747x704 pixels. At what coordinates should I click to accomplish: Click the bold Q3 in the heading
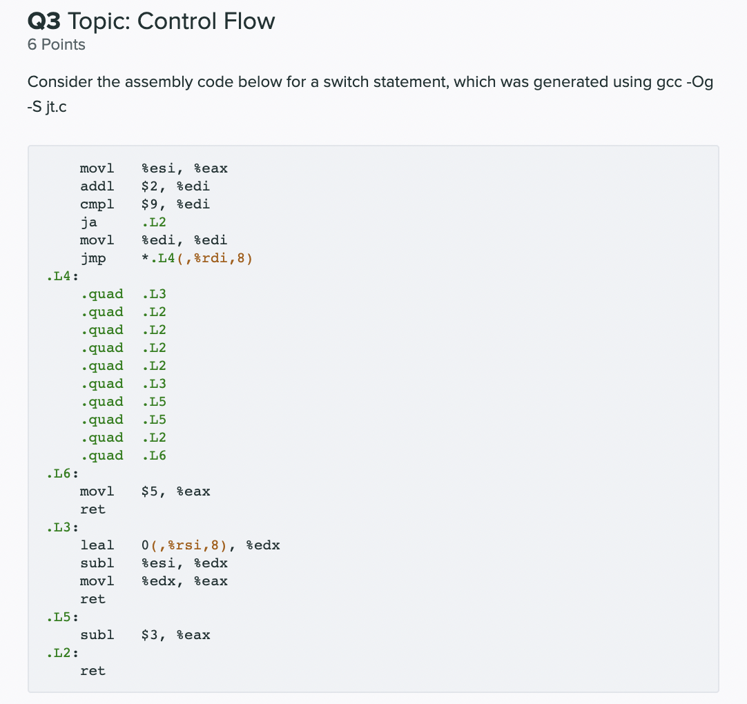click(x=43, y=21)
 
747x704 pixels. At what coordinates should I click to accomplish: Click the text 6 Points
click(x=57, y=45)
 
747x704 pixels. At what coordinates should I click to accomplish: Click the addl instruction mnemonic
click(x=97, y=186)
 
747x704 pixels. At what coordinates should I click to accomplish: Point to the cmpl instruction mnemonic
click(x=97, y=204)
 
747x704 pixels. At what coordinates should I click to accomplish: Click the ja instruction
click(x=88, y=222)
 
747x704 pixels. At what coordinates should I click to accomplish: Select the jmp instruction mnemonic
click(x=93, y=258)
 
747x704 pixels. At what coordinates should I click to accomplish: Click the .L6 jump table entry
click(x=153, y=456)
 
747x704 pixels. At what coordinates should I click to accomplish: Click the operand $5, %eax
click(x=175, y=491)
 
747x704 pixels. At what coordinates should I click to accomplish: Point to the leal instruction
click(x=97, y=545)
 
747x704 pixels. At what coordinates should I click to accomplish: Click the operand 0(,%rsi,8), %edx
click(x=210, y=545)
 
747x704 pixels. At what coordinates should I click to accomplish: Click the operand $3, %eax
click(x=175, y=635)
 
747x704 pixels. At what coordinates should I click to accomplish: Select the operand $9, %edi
click(x=175, y=204)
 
